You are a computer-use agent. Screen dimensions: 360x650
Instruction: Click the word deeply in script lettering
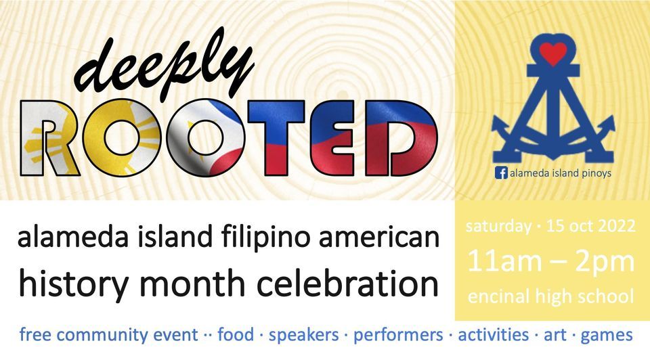pos(167,68)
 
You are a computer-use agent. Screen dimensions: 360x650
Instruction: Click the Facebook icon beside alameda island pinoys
pos(502,173)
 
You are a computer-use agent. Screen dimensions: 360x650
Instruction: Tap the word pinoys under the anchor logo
pos(596,174)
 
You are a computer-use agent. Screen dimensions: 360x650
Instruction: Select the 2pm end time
pos(607,261)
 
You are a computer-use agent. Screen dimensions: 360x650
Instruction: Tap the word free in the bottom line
pos(37,334)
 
